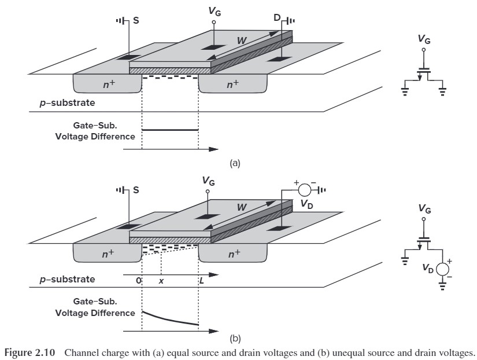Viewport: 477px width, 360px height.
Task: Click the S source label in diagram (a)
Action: click(x=136, y=19)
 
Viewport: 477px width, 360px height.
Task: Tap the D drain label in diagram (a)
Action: click(x=278, y=19)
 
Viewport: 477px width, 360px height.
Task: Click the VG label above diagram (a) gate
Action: click(x=215, y=11)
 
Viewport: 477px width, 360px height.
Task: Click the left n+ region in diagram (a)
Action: click(x=108, y=85)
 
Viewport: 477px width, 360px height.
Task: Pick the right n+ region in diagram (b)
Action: click(x=232, y=254)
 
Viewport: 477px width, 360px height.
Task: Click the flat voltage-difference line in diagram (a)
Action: click(x=170, y=130)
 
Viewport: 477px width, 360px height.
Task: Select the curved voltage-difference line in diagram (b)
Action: click(x=170, y=318)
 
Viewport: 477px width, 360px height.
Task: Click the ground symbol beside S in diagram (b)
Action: click(x=121, y=190)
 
